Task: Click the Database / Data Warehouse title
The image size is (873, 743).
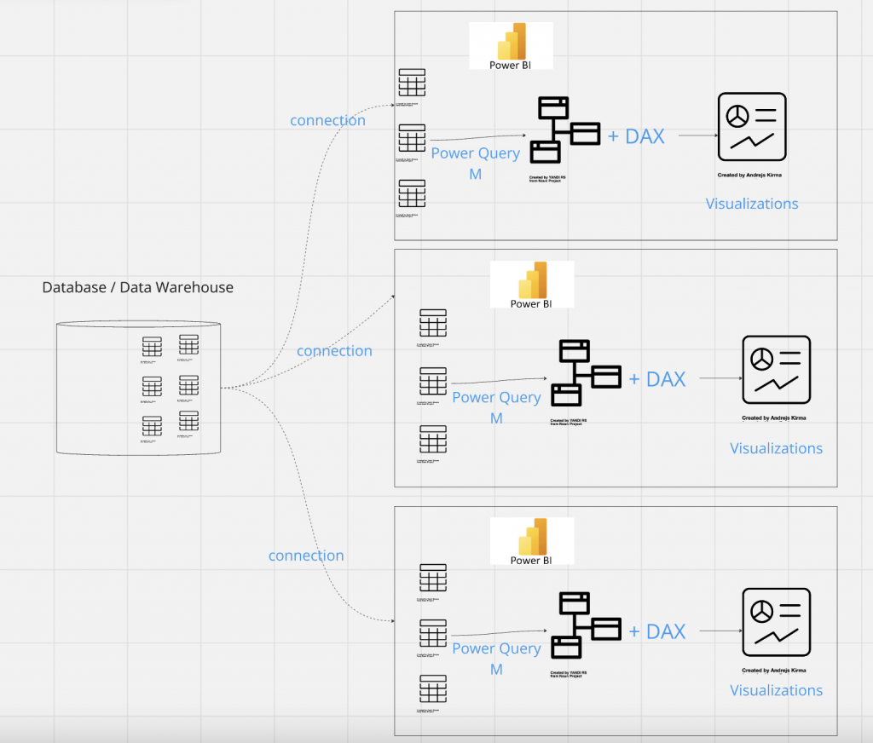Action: tap(137, 288)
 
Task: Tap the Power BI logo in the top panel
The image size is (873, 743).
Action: tap(511, 45)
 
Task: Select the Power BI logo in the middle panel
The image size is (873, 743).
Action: tap(532, 284)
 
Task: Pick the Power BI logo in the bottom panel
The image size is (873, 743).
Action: tap(532, 540)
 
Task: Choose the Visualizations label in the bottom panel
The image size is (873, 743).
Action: tap(776, 690)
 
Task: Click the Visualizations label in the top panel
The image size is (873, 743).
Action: tap(752, 204)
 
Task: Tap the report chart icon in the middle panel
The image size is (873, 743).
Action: tap(776, 369)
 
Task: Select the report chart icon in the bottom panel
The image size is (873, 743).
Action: tap(776, 622)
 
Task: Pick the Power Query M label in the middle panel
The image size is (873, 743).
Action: tap(496, 406)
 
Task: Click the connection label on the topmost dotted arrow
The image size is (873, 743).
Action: tap(327, 120)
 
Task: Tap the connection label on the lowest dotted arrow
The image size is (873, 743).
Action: tap(306, 556)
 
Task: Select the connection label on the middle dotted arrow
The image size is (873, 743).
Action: tap(334, 351)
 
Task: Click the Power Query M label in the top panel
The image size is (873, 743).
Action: tap(475, 163)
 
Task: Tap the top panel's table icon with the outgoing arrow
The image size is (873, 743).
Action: tap(412, 138)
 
